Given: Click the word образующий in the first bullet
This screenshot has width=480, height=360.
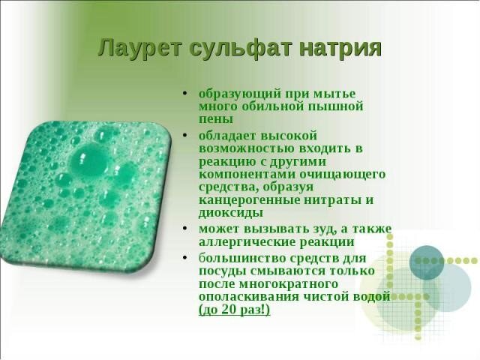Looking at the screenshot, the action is tap(240, 94).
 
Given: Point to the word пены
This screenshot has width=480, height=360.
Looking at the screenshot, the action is tap(216, 119).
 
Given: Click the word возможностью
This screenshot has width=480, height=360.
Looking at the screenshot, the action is tap(247, 148).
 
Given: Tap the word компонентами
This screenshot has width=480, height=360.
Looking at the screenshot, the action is tap(247, 175).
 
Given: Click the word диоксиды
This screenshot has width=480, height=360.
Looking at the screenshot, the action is tap(231, 213).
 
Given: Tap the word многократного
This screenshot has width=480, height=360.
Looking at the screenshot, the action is tap(288, 284).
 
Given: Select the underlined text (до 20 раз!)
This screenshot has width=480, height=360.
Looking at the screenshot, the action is tap(235, 310).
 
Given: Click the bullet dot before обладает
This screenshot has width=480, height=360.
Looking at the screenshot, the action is tap(184, 135).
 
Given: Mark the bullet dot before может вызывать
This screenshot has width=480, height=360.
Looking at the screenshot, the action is tap(184, 228).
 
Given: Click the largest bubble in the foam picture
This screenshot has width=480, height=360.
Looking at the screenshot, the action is tap(89, 162).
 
